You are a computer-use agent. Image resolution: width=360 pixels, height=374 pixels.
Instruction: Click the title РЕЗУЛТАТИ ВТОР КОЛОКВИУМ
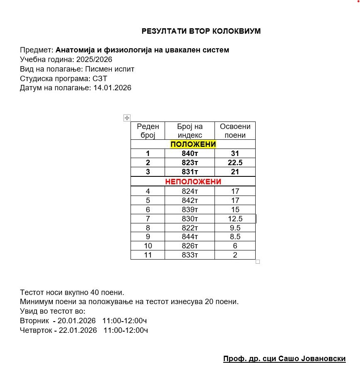[x=201, y=31]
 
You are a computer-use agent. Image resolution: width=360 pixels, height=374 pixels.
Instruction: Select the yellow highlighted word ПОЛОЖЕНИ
[x=193, y=144]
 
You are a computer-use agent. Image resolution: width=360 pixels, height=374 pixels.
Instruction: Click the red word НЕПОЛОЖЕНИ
[x=193, y=182]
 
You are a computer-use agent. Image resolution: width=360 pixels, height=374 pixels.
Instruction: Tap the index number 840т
[x=190, y=154]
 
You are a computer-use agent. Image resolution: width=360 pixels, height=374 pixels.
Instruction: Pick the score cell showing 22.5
[x=235, y=163]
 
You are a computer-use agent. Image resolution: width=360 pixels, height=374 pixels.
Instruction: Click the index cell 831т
[x=190, y=172]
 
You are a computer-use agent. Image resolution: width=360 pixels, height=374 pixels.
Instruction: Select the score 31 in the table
[x=235, y=154]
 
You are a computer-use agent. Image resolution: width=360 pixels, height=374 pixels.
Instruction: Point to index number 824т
[x=190, y=191]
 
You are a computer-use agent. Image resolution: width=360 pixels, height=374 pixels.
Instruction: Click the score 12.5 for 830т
[x=235, y=219]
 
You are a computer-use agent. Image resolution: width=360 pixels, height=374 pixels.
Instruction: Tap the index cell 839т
[x=190, y=210]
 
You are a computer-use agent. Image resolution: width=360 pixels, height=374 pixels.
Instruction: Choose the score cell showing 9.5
[x=235, y=228]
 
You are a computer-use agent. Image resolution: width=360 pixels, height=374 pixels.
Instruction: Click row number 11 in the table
[x=148, y=255]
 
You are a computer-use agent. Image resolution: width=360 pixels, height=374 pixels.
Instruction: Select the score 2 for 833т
[x=235, y=255]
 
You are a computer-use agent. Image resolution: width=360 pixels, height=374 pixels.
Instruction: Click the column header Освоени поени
[x=235, y=131]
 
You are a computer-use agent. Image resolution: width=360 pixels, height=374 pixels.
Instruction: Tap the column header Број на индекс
[x=190, y=131]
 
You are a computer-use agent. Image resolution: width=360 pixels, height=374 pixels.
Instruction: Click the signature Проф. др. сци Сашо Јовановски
[x=284, y=359]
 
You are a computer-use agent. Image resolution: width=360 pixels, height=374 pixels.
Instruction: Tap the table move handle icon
[x=127, y=118]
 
